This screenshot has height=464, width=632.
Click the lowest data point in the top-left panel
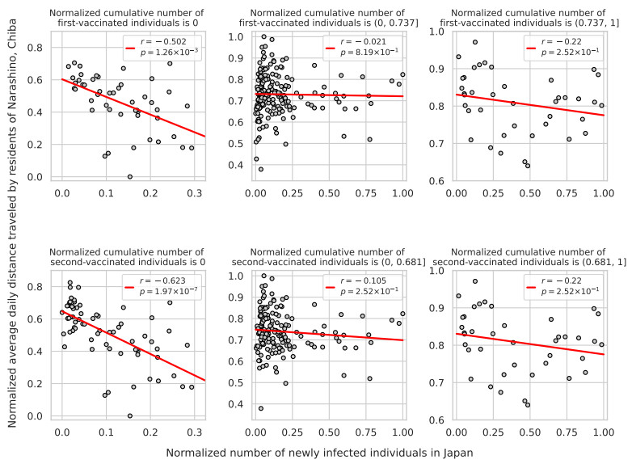point(129,176)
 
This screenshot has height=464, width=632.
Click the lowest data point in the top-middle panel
point(260,169)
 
